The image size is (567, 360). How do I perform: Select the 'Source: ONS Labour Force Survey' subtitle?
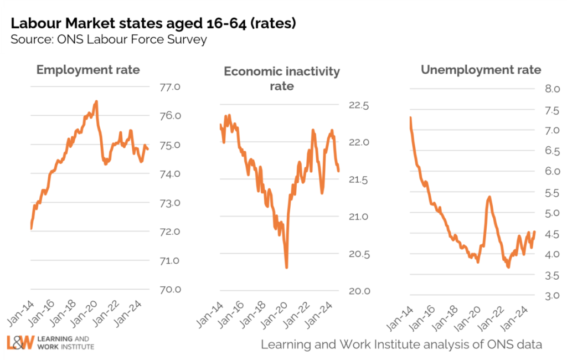click(x=109, y=39)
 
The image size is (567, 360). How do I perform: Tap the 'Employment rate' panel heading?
click(x=88, y=70)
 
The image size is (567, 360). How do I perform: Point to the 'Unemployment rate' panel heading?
click(x=481, y=70)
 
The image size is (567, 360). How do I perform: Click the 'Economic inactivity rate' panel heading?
click(x=281, y=79)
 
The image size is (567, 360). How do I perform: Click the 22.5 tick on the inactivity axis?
click(x=358, y=105)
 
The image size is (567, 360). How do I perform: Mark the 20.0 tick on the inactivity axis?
click(x=358, y=291)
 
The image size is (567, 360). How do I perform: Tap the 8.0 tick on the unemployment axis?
click(x=537, y=89)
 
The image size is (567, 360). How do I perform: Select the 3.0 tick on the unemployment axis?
click(x=537, y=296)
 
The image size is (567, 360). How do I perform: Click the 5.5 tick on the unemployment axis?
click(x=537, y=192)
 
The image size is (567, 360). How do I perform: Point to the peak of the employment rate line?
click(x=96, y=101)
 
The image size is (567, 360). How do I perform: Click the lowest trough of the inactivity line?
click(x=286, y=268)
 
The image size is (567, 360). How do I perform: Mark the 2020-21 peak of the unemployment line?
click(x=489, y=197)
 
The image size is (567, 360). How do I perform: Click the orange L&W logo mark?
click(x=20, y=343)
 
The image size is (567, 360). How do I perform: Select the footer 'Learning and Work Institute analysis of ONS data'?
click(x=401, y=344)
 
